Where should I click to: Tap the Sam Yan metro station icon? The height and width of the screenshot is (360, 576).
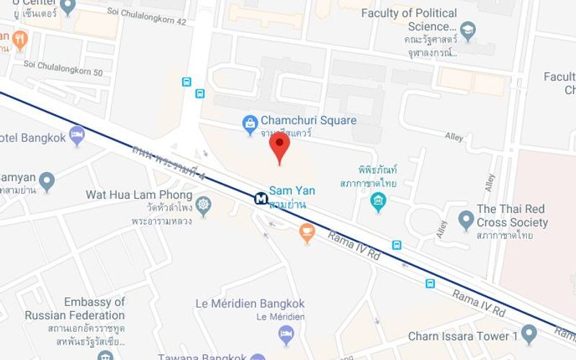pyautogui.click(x=260, y=198)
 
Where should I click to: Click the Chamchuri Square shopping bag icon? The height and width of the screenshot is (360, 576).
pyautogui.click(x=250, y=122)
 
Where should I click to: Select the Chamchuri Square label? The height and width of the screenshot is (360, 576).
pyautogui.click(x=308, y=120)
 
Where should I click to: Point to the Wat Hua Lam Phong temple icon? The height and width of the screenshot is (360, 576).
pyautogui.click(x=203, y=207)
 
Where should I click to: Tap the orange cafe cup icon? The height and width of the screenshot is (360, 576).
pyautogui.click(x=307, y=232)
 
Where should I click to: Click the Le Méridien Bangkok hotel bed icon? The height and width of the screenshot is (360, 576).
pyautogui.click(x=287, y=333)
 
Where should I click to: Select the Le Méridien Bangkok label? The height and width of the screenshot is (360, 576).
pyautogui.click(x=250, y=304)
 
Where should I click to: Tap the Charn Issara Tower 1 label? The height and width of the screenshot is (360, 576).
pyautogui.click(x=463, y=336)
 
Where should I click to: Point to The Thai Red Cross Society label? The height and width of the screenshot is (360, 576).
pyautogui.click(x=512, y=216)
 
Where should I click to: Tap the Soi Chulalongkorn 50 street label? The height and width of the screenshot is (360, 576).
pyautogui.click(x=63, y=72)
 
